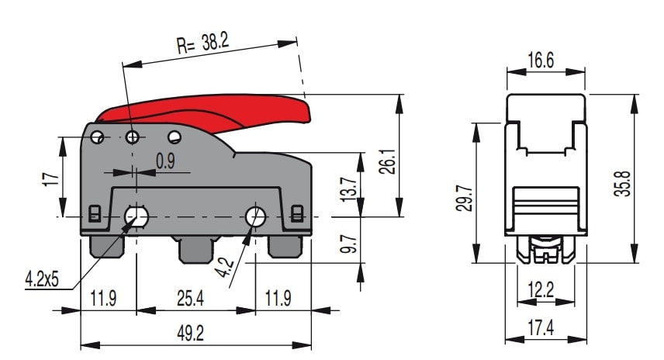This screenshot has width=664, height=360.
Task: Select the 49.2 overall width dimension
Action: pyautogui.click(x=189, y=333)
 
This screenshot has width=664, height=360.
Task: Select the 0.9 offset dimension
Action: pyautogui.click(x=165, y=161)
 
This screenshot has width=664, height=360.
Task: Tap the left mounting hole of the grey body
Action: pyautogui.click(x=138, y=216)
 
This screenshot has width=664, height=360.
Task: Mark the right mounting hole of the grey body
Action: pyautogui.click(x=255, y=216)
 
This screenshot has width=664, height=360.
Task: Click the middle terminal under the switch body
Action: pyautogui.click(x=196, y=249)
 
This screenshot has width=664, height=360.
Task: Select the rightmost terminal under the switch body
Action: pyautogui.click(x=285, y=246)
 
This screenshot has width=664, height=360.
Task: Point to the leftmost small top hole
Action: pyautogui.click(x=97, y=137)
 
